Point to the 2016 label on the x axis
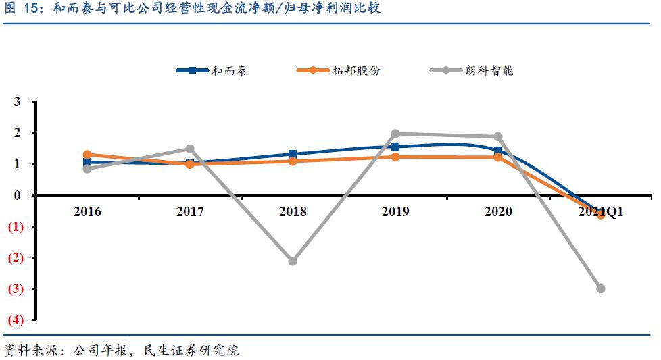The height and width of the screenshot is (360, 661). (87, 211)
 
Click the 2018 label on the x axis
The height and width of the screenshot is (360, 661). (293, 211)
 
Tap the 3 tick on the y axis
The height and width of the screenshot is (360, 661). (18, 102)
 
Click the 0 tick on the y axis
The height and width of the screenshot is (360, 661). (18, 195)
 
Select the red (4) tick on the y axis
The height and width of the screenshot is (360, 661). (16, 319)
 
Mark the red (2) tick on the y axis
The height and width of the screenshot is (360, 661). (16, 257)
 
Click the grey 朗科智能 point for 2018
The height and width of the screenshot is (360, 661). (293, 261)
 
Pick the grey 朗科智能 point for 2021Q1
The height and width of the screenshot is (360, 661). (600, 288)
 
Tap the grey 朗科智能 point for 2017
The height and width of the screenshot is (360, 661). (190, 149)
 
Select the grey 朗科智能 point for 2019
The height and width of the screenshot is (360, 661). (395, 134)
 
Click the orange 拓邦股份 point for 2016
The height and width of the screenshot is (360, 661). (87, 155)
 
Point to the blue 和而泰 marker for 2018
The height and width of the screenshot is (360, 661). (293, 155)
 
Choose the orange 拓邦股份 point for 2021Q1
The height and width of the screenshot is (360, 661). (600, 214)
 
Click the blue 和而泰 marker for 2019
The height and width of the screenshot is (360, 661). (395, 147)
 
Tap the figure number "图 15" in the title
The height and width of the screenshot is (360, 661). (20, 9)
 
